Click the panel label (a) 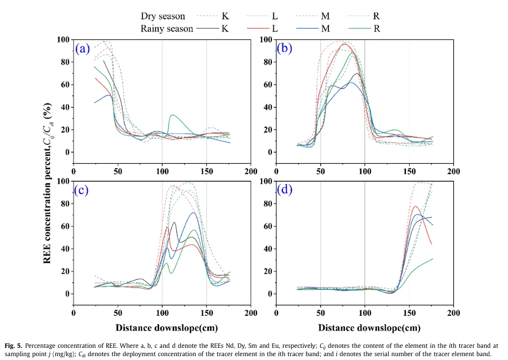coord(82,49)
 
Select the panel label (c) coord(82,190)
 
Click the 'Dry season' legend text coord(164,17)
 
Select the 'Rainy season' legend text coord(166,28)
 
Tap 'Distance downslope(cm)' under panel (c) coord(162,327)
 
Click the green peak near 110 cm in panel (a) coord(172,115)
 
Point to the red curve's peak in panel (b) coord(343,44)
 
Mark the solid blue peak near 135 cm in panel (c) coord(193,213)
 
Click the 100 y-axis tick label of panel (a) coord(63,40)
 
